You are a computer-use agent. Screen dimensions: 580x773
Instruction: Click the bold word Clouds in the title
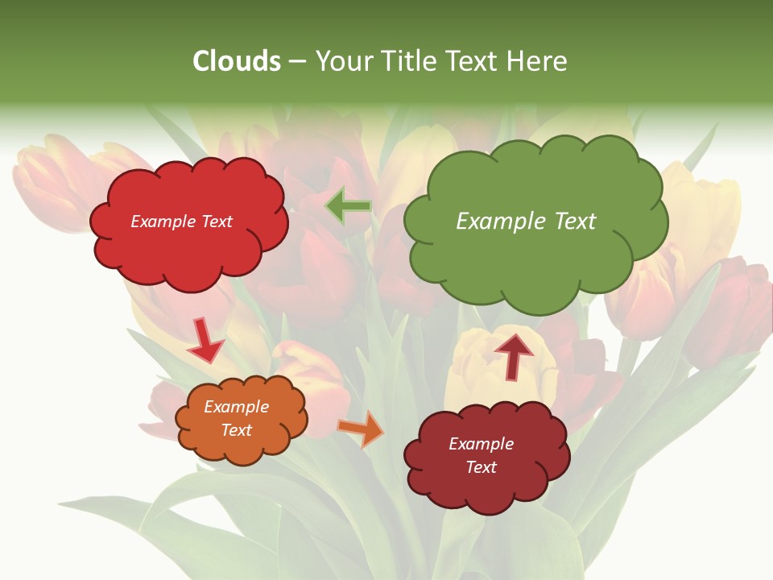coord(237,61)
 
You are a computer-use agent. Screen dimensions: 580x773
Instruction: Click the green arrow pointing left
coord(349,207)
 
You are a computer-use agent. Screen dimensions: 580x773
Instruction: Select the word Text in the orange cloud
coord(237,430)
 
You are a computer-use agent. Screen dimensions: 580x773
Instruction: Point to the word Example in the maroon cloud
coord(481,444)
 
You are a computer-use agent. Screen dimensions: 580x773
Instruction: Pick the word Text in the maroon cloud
coord(481,467)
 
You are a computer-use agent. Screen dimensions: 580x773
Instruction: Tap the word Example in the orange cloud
coord(237,407)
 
